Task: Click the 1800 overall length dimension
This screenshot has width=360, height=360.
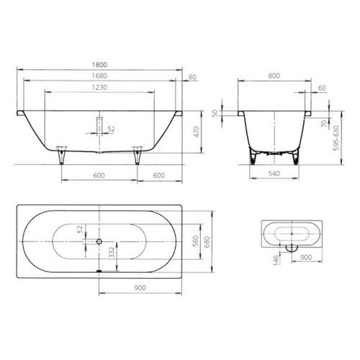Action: [99, 65]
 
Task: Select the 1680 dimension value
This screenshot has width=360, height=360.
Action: [99, 76]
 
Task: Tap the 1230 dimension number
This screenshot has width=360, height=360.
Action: [99, 87]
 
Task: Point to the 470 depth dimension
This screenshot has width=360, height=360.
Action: [197, 132]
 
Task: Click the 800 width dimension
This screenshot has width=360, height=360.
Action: [274, 76]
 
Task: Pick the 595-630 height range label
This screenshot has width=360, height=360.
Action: [336, 138]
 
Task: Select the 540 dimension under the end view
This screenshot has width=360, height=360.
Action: [274, 174]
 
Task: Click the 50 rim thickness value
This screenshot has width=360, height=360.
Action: [215, 113]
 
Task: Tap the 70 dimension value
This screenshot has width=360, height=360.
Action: [324, 124]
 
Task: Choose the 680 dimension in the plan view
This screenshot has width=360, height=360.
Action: [207, 242]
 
